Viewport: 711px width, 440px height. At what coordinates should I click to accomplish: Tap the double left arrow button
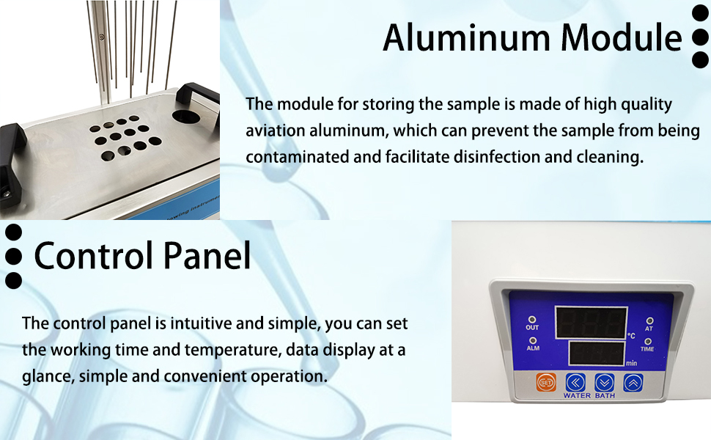click(x=575, y=383)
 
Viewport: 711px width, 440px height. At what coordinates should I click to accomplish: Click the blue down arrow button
click(x=604, y=383)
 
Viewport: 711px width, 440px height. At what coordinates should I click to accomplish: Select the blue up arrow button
click(x=633, y=383)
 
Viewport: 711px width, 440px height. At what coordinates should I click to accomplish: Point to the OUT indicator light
click(x=532, y=320)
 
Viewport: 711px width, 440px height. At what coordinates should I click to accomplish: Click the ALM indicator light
click(x=533, y=340)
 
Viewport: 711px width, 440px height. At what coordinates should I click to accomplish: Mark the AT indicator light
click(x=649, y=321)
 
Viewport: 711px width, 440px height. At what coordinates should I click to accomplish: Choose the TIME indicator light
click(x=647, y=342)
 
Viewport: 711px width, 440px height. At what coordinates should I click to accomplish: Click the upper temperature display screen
click(x=591, y=322)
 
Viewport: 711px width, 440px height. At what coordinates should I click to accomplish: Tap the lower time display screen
click(x=596, y=353)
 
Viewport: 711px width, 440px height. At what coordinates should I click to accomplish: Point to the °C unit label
click(x=631, y=336)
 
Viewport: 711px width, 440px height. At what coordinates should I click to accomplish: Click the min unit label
click(x=632, y=363)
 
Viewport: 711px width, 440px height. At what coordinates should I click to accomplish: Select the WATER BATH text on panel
click(x=589, y=395)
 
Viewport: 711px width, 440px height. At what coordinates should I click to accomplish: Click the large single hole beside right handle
click(x=186, y=117)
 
